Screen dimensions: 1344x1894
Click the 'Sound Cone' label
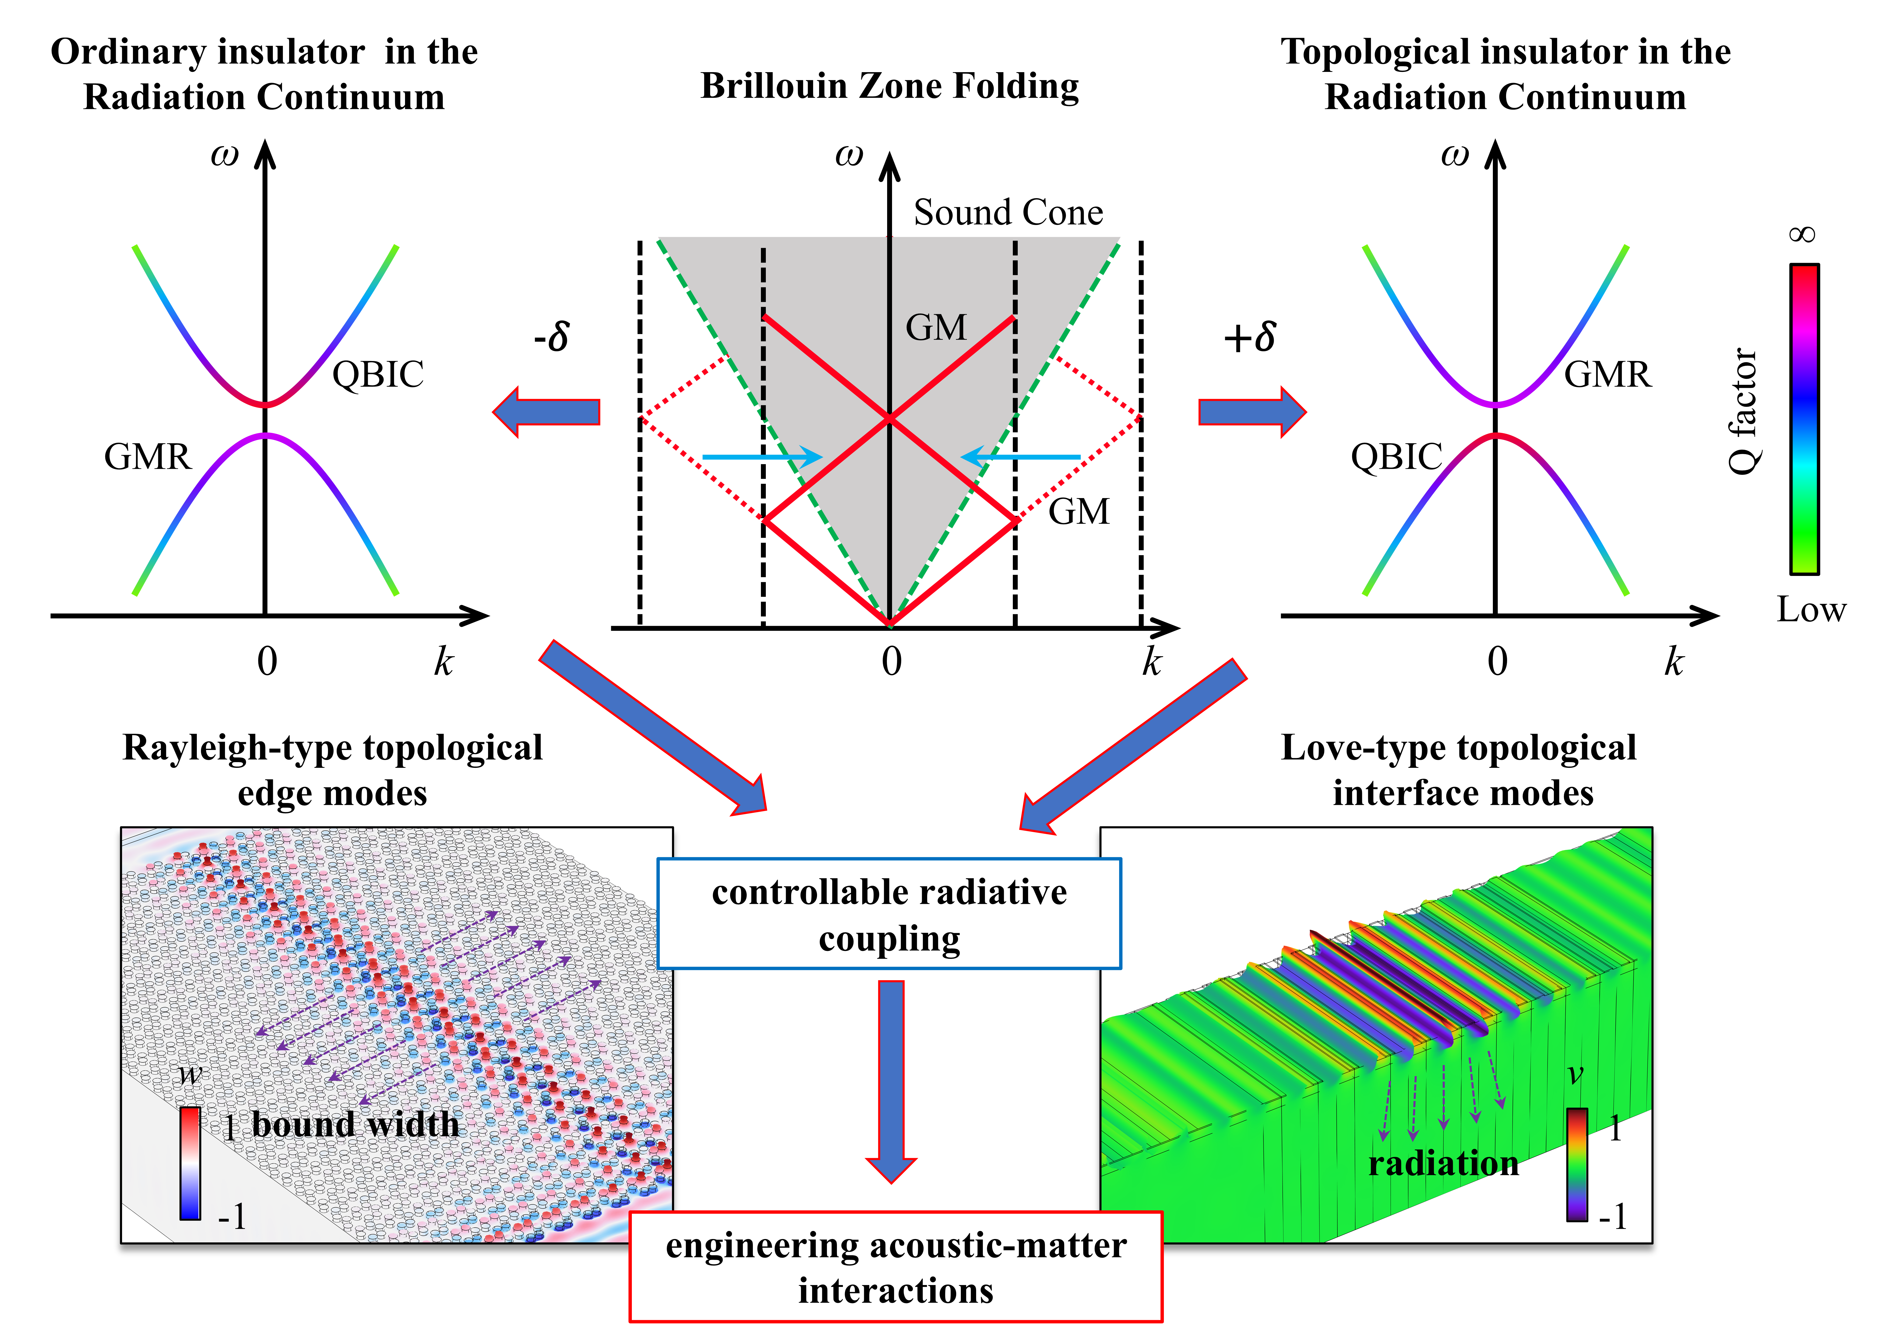tap(1008, 213)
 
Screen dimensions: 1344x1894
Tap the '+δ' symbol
tap(1249, 336)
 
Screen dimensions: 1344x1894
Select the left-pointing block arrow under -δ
tap(546, 411)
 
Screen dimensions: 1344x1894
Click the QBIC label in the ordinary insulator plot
tap(378, 374)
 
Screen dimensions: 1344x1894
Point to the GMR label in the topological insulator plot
tap(1607, 374)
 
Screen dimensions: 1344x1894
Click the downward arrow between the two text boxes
tap(891, 1080)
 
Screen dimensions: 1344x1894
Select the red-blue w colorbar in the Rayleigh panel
tap(190, 1163)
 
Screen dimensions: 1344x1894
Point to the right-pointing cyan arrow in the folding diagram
tap(761, 457)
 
